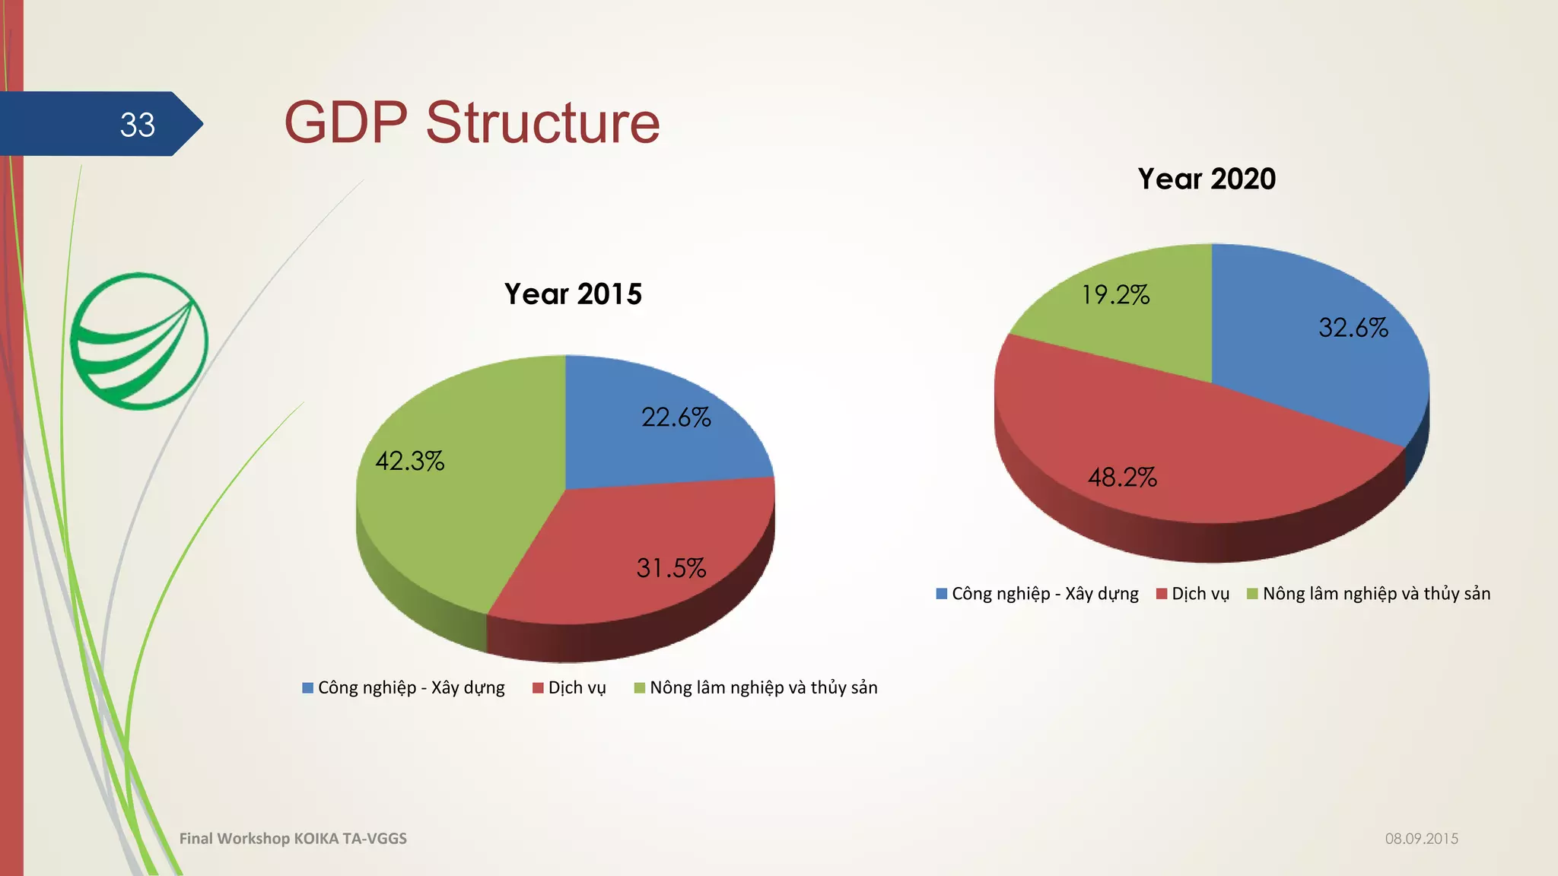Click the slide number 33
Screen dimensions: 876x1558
tap(137, 125)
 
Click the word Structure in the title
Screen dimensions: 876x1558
tap(542, 122)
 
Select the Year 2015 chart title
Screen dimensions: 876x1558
tap(573, 294)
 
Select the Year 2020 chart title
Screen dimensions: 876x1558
tap(1207, 179)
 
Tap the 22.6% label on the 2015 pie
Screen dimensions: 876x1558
tap(676, 417)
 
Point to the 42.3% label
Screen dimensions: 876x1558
tap(409, 461)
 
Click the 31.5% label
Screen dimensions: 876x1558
tap(671, 568)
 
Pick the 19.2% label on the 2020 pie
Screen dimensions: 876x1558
tap(1115, 295)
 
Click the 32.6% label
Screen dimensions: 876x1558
tap(1353, 328)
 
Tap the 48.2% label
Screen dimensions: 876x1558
tap(1122, 478)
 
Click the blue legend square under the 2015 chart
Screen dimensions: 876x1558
tap(308, 688)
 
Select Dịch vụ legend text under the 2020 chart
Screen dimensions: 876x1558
tap(1200, 594)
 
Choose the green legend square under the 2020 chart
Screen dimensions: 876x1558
tap(1252, 594)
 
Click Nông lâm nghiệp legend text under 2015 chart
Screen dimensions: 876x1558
tap(763, 688)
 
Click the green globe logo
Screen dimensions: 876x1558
tap(138, 341)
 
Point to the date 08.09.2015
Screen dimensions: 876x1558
tap(1421, 839)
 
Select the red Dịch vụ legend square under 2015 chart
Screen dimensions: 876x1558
tap(538, 688)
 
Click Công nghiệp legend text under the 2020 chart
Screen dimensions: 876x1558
tap(1044, 594)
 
